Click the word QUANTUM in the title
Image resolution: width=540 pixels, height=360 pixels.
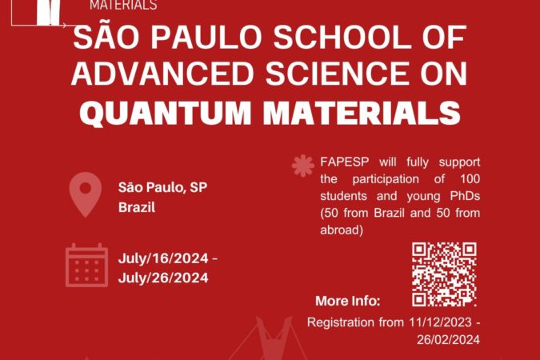point(166,113)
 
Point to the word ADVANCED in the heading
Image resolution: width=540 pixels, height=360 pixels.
point(162,73)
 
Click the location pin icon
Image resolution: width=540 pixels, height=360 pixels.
point(86,194)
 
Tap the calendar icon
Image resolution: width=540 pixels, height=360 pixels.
point(86,265)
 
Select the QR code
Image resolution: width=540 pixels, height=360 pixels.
point(444,274)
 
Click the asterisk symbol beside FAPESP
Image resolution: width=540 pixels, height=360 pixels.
point(303,166)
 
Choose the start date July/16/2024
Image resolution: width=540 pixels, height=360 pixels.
point(163,258)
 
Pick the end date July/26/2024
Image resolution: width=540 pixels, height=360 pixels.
point(163,278)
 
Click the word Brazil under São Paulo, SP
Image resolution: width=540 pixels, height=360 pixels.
point(137,207)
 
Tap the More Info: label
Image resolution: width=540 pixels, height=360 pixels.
point(348,301)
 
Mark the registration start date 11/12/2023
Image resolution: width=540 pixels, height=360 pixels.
point(440,322)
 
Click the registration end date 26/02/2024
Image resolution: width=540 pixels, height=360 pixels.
point(448,340)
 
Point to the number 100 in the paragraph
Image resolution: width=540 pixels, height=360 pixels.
point(470,178)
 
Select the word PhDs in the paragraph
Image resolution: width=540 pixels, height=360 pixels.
point(465,196)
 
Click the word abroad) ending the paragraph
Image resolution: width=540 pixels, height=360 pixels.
point(342,230)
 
